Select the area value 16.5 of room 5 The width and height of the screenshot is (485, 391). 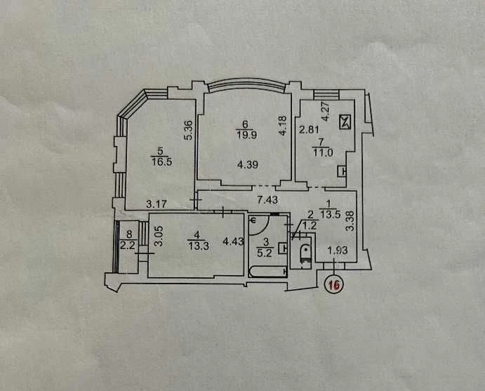coord(161,161)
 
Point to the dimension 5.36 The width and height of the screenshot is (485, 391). coord(189,131)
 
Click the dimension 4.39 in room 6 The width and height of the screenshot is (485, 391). coord(248,164)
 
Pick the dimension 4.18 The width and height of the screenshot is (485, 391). coord(283,125)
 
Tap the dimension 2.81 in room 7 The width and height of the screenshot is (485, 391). coord(309,129)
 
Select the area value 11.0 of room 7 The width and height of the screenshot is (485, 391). coord(323,152)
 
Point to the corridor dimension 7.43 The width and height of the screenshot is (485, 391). coord(268,200)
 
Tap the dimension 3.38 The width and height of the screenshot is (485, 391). coord(350,222)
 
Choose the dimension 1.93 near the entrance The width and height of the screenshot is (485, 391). coord(338,251)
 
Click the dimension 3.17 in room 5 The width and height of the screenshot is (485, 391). coord(157,204)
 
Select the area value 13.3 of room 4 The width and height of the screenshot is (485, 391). coord(198,246)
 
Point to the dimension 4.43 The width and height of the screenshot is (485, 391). coord(233,241)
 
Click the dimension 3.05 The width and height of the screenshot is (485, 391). coord(158,236)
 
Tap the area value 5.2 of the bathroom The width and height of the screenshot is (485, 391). coord(265,253)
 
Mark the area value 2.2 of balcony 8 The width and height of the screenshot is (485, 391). coord(128,246)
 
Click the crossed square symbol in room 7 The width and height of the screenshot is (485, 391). coord(345,122)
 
